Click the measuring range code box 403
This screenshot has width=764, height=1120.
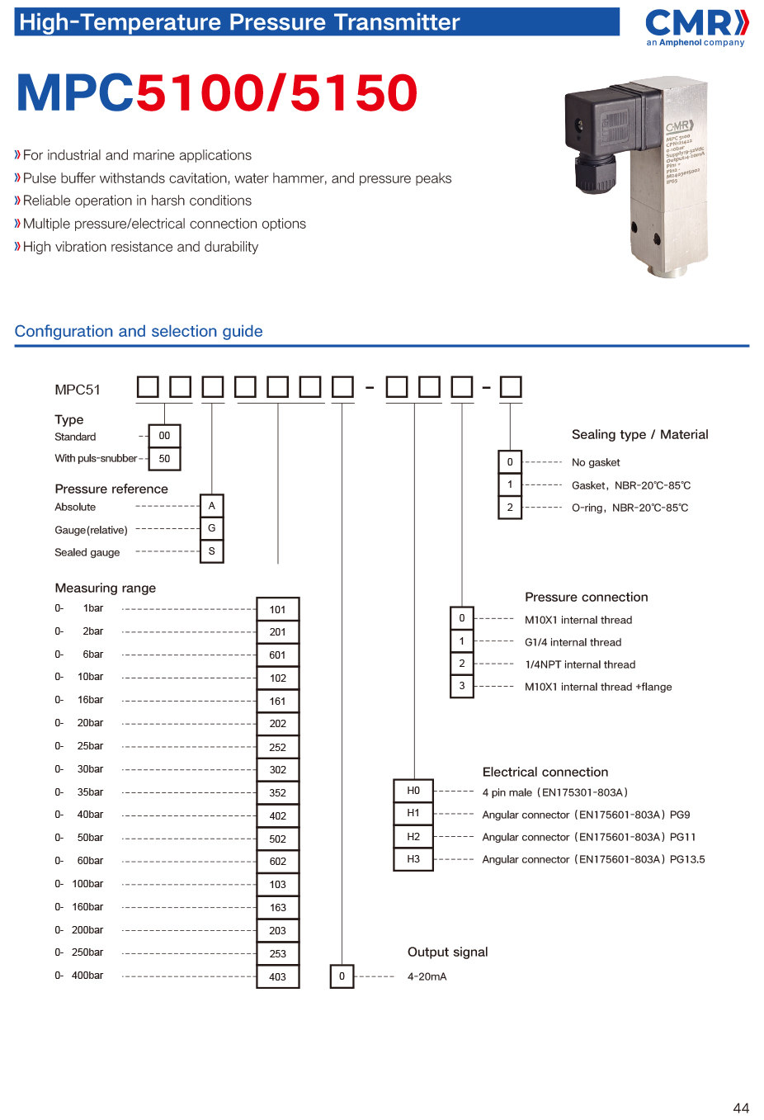pyautogui.click(x=278, y=976)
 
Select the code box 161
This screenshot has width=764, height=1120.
pyautogui.click(x=278, y=701)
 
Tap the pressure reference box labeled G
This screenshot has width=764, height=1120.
pyautogui.click(x=212, y=528)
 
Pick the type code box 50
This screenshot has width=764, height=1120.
pyautogui.click(x=164, y=458)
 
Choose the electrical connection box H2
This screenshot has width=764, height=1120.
pyautogui.click(x=413, y=836)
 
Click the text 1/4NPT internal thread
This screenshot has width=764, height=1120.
pyautogui.click(x=580, y=664)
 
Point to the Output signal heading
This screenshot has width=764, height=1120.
pyautogui.click(x=447, y=952)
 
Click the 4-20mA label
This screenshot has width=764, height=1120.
pyautogui.click(x=427, y=976)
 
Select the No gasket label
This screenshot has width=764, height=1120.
pyautogui.click(x=596, y=462)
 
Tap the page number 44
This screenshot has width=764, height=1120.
pyautogui.click(x=741, y=1108)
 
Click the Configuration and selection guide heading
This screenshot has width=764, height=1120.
pyautogui.click(x=139, y=331)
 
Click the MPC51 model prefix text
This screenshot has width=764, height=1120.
pyautogui.click(x=78, y=390)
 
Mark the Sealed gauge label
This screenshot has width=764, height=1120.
pyautogui.click(x=87, y=552)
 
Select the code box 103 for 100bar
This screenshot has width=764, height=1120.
pyautogui.click(x=278, y=884)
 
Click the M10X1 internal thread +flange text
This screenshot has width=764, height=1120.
pyautogui.click(x=598, y=687)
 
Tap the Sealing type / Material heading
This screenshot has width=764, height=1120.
pyautogui.click(x=639, y=434)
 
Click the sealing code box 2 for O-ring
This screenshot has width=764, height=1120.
pyautogui.click(x=510, y=508)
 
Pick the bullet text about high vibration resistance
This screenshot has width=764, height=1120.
pyautogui.click(x=140, y=247)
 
